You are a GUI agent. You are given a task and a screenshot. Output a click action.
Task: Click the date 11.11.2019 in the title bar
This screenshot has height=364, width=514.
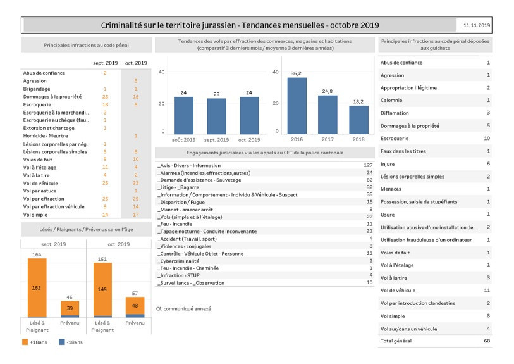[476, 25]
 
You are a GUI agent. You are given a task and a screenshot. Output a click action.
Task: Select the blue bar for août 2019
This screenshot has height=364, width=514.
[183, 116]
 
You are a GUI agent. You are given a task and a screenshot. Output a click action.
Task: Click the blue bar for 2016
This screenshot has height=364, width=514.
[297, 106]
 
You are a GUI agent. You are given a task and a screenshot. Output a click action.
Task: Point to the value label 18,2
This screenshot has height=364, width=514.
[358, 102]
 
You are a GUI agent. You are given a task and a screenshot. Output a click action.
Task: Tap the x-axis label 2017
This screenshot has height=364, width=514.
[327, 139]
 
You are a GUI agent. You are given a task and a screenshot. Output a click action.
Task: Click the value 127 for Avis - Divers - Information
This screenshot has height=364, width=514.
[368, 165]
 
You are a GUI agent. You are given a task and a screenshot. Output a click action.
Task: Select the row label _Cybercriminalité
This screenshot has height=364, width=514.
[178, 261]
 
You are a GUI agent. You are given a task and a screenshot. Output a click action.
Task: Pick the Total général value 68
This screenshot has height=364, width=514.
[487, 341]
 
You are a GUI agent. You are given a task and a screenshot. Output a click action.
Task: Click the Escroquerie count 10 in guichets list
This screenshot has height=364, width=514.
[487, 138]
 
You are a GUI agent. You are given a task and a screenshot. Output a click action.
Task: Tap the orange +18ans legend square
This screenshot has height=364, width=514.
[25, 342]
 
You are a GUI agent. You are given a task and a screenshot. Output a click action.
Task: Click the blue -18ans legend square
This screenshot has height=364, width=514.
[61, 342]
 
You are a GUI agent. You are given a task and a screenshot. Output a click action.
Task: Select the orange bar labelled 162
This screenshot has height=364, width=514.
[37, 287]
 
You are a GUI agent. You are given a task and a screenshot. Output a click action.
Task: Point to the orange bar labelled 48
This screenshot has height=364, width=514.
[135, 306]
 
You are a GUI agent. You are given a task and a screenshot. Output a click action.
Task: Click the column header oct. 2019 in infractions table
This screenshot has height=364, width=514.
[136, 63]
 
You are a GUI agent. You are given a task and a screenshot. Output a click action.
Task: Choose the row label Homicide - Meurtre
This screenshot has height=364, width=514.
[46, 136]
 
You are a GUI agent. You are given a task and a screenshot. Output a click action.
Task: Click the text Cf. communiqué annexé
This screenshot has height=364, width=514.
[183, 308]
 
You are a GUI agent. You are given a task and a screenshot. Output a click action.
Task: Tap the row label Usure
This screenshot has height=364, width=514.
[388, 215]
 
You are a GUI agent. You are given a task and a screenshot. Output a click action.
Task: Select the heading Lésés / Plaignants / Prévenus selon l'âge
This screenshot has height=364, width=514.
[86, 229]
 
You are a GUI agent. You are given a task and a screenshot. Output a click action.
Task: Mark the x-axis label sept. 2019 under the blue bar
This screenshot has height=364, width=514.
[216, 140]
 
